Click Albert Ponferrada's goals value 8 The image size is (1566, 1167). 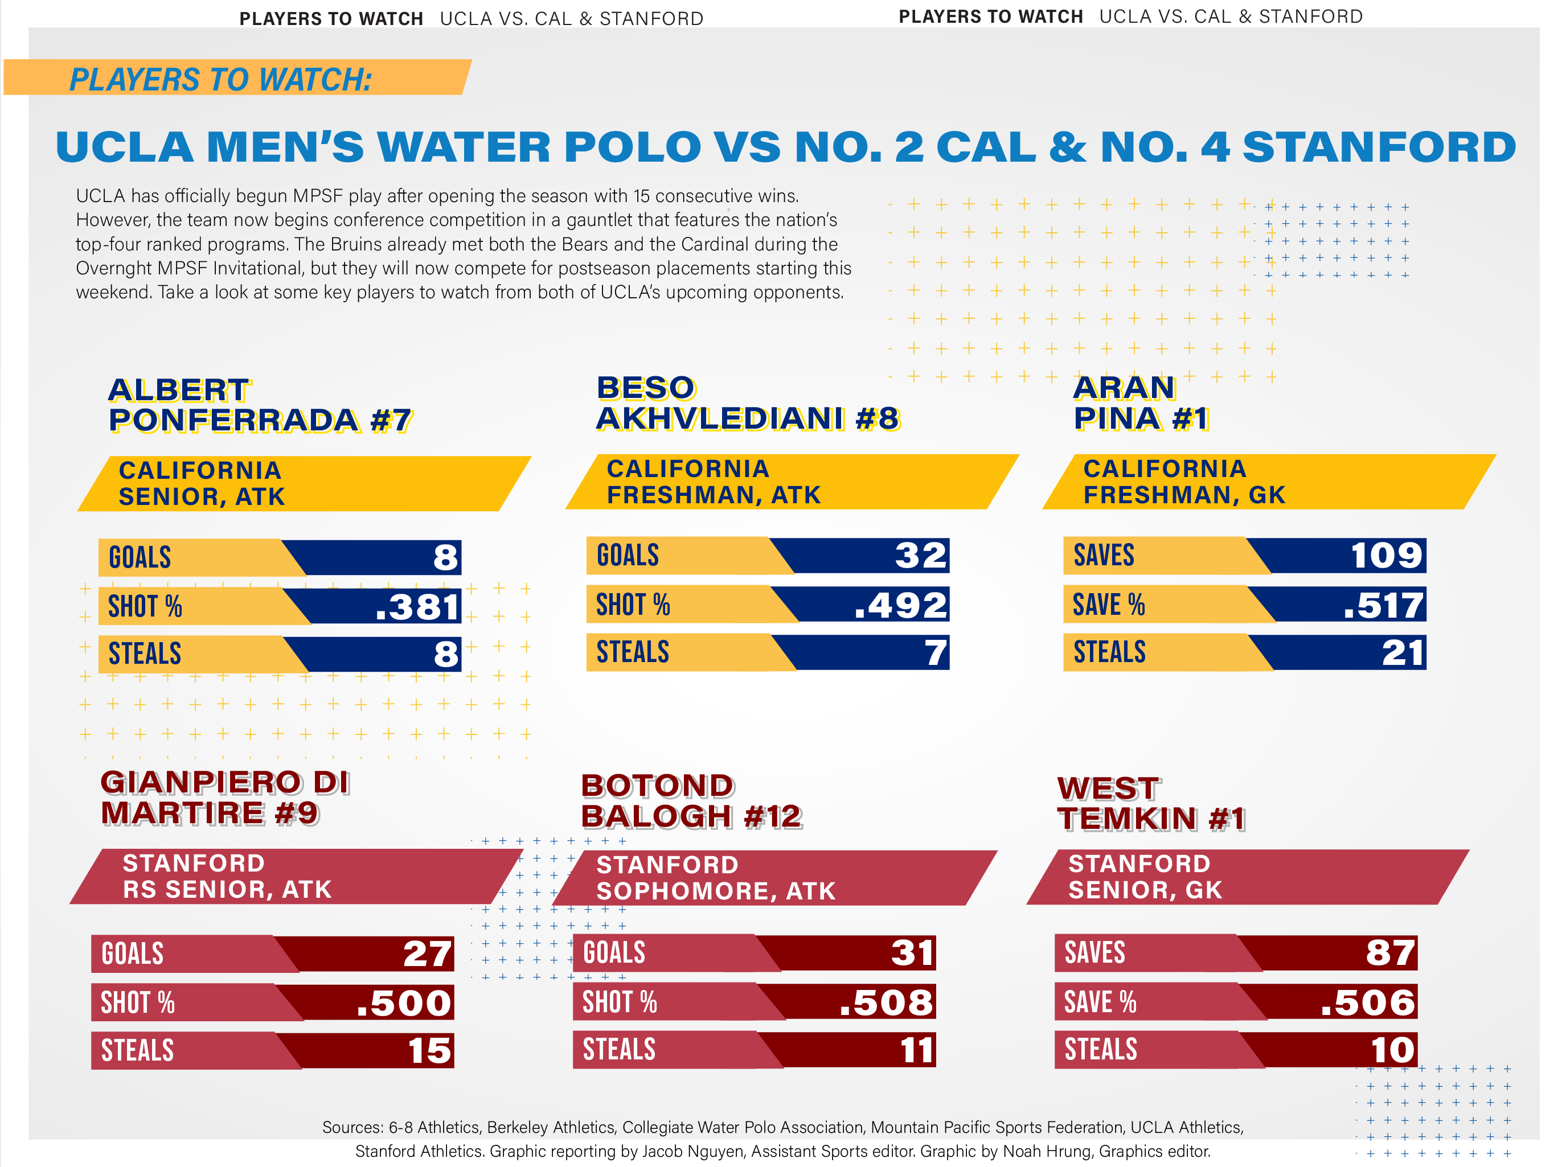point(445,557)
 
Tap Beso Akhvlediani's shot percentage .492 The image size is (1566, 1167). point(900,605)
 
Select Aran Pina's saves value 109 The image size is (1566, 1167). point(1386,555)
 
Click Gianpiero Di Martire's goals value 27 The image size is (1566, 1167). point(427,954)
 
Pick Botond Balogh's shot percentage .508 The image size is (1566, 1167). point(886,1002)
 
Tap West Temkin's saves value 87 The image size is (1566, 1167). point(1390,952)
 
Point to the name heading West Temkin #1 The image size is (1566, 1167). point(1150,804)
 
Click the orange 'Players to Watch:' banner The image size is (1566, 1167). point(237,78)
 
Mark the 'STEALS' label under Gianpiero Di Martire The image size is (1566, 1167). point(138,1050)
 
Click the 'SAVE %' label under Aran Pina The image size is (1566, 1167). point(1108,605)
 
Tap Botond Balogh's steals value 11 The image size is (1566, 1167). point(917,1050)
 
